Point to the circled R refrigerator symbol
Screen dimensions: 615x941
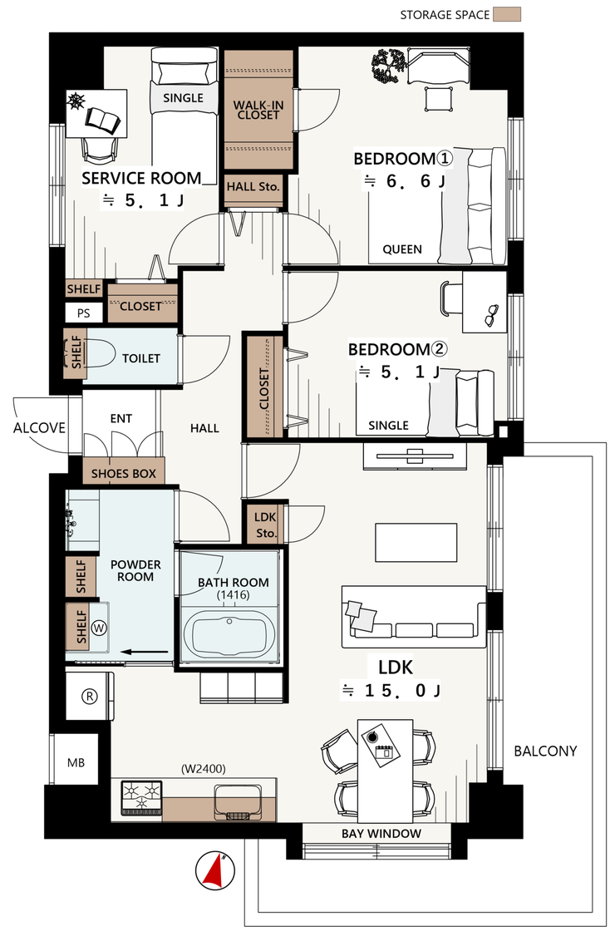90,696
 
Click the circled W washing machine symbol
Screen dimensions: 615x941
100,628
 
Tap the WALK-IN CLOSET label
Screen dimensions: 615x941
258,110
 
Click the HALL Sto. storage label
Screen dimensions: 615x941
253,187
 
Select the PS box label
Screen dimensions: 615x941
83,313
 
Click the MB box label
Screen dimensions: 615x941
76,763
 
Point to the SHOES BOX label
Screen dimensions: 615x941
124,474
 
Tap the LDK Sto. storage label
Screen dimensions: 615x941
265,525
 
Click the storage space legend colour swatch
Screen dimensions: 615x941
507,14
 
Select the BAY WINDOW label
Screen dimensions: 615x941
381,833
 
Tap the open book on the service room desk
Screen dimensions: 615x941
102,120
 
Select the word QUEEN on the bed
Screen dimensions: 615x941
402,249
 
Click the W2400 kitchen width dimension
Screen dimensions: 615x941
204,770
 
